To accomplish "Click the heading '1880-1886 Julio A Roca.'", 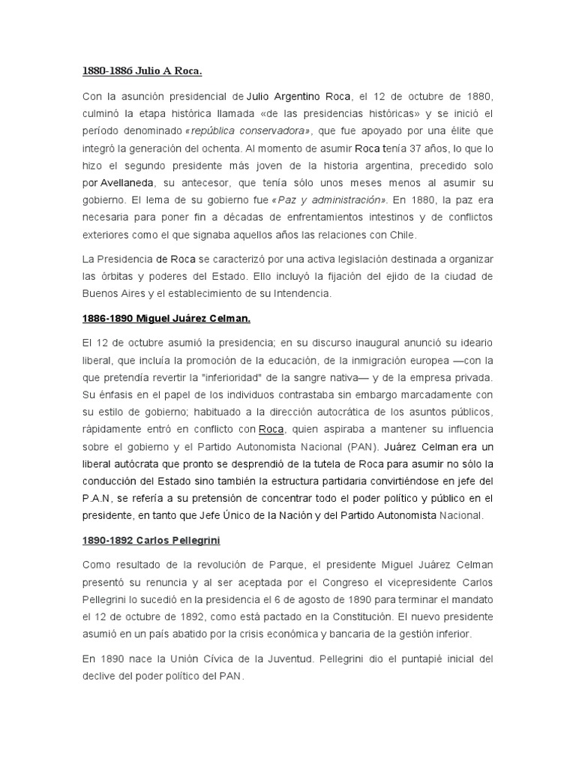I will coord(142,71).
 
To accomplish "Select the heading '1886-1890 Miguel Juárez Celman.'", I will coord(166,318).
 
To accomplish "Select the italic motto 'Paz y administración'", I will coord(331,200).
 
